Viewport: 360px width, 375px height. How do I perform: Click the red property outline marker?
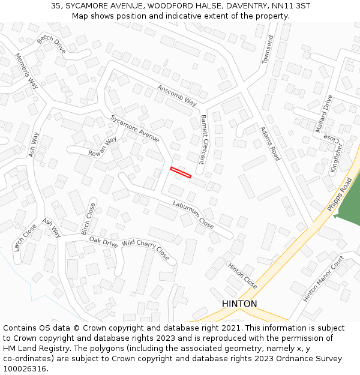[181, 173]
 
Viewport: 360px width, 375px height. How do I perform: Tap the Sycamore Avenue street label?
[135, 128]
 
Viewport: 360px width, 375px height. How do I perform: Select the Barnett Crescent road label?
[206, 139]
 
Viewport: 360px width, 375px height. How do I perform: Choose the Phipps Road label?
[340, 193]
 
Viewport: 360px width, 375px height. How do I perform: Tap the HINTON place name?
[239, 304]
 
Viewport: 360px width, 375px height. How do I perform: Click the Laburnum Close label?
[193, 215]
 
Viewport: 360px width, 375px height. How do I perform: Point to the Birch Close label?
[88, 218]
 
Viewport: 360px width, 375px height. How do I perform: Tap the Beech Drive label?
[52, 44]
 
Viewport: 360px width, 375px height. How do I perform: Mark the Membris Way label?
[27, 71]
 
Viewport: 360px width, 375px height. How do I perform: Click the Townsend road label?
[268, 50]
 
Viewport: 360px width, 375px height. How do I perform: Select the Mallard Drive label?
[323, 113]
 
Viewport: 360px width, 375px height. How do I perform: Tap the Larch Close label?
[25, 237]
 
